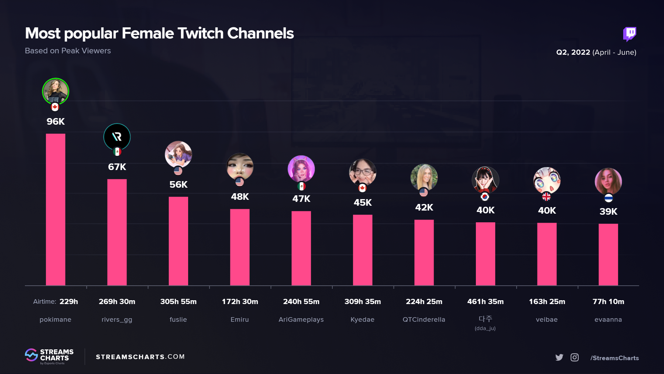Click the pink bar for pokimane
pyautogui.click(x=55, y=210)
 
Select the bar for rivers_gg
pyautogui.click(x=117, y=232)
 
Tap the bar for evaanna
pyautogui.click(x=608, y=255)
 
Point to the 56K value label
pyautogui.click(x=178, y=185)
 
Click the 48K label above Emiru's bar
pyautogui.click(x=240, y=197)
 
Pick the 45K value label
pyautogui.click(x=362, y=203)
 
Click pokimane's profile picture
pyautogui.click(x=55, y=91)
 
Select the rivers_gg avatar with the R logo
pyautogui.click(x=117, y=137)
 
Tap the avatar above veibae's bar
pyautogui.click(x=547, y=180)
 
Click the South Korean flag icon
pyautogui.click(x=485, y=197)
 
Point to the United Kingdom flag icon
pyautogui.click(x=546, y=197)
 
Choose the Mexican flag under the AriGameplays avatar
pyautogui.click(x=301, y=186)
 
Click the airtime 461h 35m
pyautogui.click(x=485, y=302)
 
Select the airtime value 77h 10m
pyautogui.click(x=608, y=302)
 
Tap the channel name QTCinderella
pyautogui.click(x=424, y=320)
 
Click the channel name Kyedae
pyautogui.click(x=362, y=320)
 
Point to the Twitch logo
pyautogui.click(x=629, y=34)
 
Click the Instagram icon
pyautogui.click(x=574, y=357)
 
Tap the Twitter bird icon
pyautogui.click(x=559, y=357)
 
